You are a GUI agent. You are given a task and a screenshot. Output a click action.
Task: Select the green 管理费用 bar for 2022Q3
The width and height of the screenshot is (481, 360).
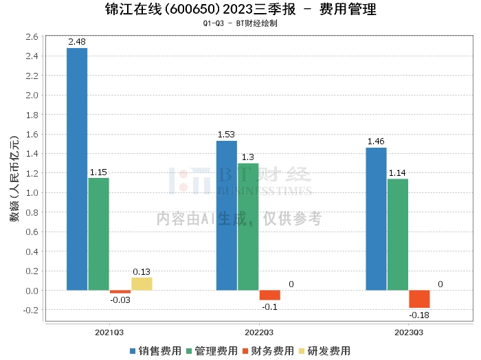(x=248, y=227)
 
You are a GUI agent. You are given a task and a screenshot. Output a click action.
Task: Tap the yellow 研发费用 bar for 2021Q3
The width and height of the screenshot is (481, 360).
(x=141, y=284)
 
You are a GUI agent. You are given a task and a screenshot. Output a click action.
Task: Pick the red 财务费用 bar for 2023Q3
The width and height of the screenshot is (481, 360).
(x=419, y=299)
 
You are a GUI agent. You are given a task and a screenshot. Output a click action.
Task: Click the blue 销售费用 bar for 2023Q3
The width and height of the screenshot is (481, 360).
(x=376, y=219)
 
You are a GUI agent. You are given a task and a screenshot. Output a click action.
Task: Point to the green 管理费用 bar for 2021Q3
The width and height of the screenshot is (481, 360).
(x=98, y=234)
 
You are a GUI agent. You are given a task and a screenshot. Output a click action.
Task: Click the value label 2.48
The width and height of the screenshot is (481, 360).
(x=77, y=42)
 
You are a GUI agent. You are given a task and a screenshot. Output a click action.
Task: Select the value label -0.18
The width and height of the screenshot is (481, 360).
(x=419, y=315)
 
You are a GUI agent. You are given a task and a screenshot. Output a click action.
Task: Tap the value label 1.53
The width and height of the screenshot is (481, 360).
(x=227, y=135)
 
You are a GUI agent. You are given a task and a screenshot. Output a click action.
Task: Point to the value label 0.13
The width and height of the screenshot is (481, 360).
(x=142, y=271)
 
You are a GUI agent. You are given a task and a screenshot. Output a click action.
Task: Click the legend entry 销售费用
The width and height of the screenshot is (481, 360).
(x=155, y=350)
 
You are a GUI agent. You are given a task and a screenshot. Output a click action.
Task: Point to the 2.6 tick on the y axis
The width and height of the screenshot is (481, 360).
(x=32, y=36)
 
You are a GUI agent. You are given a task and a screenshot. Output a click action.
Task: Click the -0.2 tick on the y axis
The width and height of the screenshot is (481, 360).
(x=30, y=310)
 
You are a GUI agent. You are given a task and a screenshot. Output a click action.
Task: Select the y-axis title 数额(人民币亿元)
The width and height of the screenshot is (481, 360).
(x=14, y=179)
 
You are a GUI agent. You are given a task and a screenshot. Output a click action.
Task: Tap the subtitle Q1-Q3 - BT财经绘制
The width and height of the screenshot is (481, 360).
(x=240, y=23)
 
